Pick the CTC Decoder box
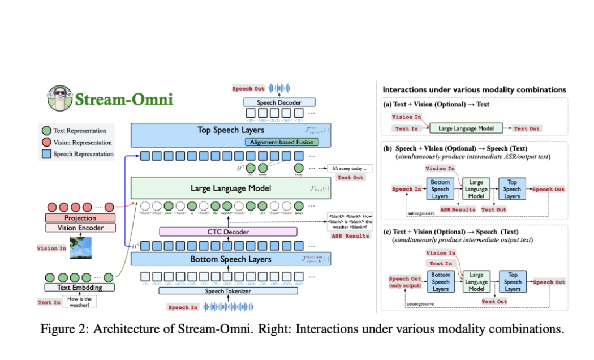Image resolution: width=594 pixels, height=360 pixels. pos(228,232)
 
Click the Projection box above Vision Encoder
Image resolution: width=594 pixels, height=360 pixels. pos(80,218)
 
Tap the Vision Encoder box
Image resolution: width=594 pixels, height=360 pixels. pos(80,228)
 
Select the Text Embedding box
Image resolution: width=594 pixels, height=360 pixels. pos(80,287)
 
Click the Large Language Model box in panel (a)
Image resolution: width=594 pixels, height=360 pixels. pos(466,128)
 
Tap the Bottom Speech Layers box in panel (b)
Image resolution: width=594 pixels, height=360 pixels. pos(441,189)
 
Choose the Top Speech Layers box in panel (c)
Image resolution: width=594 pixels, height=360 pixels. pos(512,281)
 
